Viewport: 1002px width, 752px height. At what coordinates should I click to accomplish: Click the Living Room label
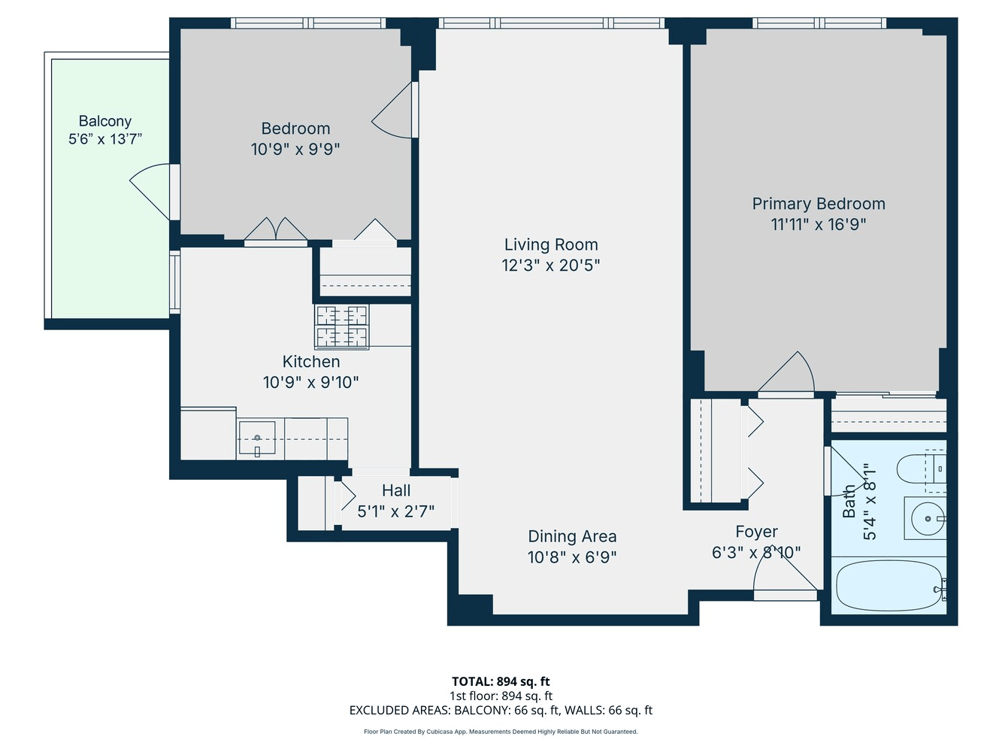coord(550,244)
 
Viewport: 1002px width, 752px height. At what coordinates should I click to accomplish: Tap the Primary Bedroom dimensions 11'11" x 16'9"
coord(818,225)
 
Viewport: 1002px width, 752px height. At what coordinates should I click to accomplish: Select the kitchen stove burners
coord(341,327)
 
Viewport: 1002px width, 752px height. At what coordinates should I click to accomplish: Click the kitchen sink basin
coord(257,438)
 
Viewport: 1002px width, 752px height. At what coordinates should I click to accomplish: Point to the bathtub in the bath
coord(888,585)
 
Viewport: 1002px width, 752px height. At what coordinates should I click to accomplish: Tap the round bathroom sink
coord(928,519)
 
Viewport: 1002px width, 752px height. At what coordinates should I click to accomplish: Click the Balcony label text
coord(105,122)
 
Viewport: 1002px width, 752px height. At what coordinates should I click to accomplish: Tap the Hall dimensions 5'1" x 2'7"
coord(395,511)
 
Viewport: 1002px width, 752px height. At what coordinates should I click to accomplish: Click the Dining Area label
coord(572,536)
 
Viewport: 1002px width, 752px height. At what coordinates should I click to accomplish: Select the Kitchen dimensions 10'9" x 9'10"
coord(311,382)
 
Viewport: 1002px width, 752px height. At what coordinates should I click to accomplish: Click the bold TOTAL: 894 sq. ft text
coord(501,681)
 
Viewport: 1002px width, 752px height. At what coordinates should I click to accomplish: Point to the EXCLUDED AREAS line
coord(501,710)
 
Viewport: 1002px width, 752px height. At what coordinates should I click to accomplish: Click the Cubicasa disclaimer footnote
coord(501,732)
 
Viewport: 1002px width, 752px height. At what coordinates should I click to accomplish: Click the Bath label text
coord(849,502)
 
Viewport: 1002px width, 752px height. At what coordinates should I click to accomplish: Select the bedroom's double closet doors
coord(276,229)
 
